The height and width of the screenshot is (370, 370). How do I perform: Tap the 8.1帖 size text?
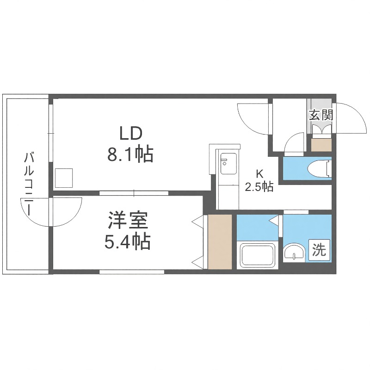130,154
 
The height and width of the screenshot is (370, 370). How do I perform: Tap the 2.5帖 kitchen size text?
259,187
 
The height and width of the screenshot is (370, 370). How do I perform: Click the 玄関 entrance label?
321,115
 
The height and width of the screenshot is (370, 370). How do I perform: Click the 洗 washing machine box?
320,250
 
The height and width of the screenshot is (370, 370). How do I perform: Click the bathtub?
257,256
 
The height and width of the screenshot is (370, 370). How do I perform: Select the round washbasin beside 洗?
294,253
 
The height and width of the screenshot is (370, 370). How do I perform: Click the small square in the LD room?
64,178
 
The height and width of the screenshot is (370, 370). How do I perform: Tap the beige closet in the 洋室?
220,241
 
